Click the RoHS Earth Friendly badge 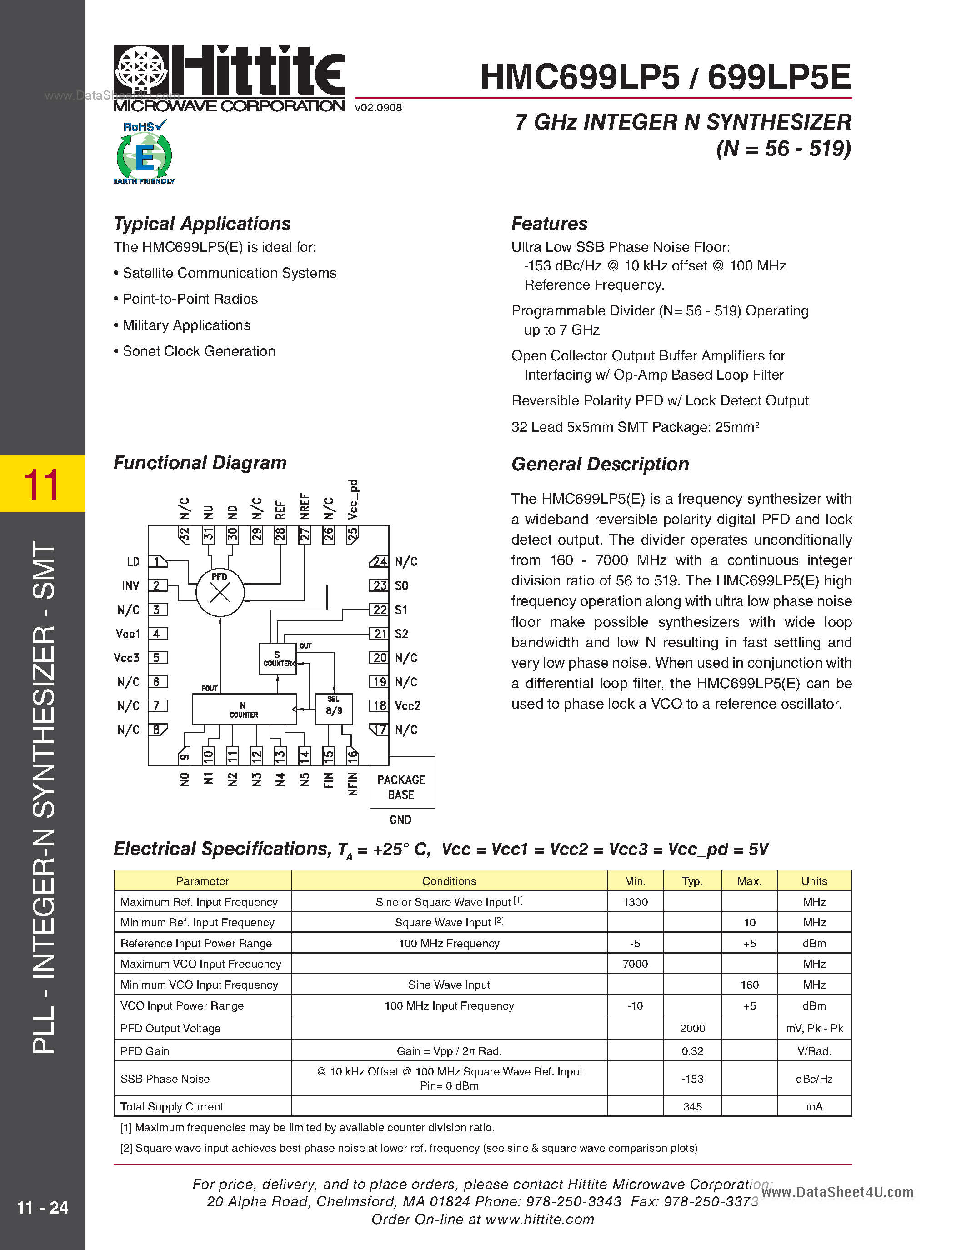point(144,152)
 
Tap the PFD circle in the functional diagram point(220,592)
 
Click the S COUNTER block point(278,659)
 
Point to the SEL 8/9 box point(334,709)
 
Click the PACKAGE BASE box point(402,786)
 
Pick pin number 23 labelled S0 point(380,585)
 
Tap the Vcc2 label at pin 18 point(407,706)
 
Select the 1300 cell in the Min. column point(635,902)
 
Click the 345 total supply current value point(692,1106)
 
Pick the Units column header point(814,881)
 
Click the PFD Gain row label point(145,1051)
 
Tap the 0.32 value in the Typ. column point(692,1051)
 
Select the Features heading point(550,223)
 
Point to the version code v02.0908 point(378,108)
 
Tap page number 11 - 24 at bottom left point(42,1208)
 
